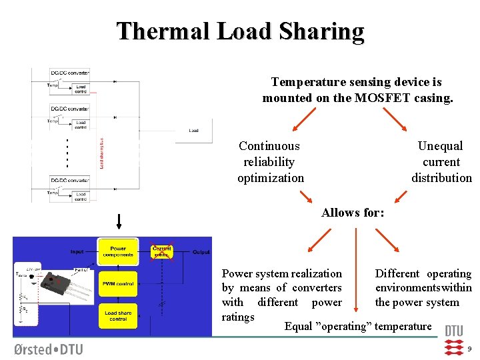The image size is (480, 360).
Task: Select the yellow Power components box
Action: click(118, 252)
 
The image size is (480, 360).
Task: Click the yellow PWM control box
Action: click(118, 284)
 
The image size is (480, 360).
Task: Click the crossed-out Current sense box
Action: click(161, 251)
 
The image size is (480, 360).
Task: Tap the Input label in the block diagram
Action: click(78, 252)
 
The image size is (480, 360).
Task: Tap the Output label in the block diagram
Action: click(201, 252)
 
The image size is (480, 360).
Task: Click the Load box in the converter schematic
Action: click(193, 131)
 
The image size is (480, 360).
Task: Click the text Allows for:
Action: click(353, 213)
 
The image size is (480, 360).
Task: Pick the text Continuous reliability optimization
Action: click(270, 162)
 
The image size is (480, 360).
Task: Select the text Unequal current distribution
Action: click(441, 162)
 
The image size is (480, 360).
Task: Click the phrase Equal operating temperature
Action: click(358, 327)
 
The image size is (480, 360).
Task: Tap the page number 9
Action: click(469, 349)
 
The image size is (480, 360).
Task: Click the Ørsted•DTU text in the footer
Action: click(48, 349)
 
